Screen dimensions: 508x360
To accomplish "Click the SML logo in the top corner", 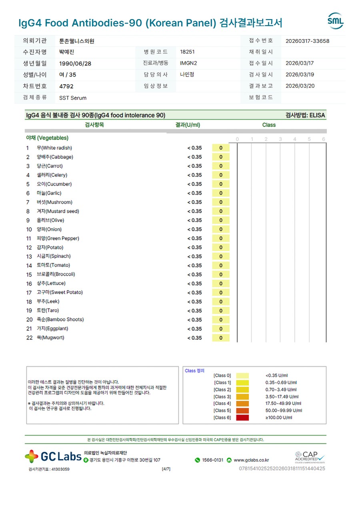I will (335, 21).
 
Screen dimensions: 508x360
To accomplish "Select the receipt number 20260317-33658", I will (307, 41).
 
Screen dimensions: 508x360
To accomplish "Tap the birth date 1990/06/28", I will (75, 64).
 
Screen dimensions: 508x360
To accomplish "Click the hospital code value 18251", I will (187, 52).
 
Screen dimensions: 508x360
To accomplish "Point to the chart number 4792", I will (66, 86).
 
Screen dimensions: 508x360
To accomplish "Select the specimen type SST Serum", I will (72, 98).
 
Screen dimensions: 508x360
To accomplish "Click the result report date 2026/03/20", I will (300, 86).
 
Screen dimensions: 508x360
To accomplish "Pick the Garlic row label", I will (49, 193).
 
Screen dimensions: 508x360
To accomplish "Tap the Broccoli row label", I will (56, 275).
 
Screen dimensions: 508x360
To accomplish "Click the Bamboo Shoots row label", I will (60, 320).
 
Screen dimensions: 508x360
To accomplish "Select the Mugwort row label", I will (50, 338).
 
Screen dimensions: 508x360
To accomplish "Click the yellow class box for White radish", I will (221, 148).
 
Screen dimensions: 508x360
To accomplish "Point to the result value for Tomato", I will (194, 266).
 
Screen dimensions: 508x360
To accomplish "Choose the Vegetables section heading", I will (47, 138).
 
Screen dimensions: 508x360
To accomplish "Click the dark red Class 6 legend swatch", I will (242, 418).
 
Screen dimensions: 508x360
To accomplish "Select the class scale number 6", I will (324, 139).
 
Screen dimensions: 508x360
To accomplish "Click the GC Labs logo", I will (53, 456).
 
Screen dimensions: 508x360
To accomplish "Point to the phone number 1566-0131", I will (212, 460).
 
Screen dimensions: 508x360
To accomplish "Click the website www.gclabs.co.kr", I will (251, 460).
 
